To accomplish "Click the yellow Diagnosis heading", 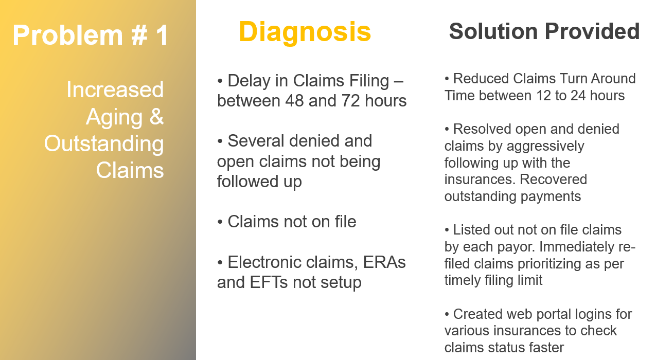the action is tap(305, 32).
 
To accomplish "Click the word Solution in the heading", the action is tap(493, 31).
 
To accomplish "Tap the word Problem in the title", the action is tap(67, 35).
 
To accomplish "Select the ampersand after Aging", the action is tap(157, 116).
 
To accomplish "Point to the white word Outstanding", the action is tap(104, 144).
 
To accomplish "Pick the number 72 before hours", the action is tap(350, 101).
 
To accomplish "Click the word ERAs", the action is tap(384, 262).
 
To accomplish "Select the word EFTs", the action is tap(269, 282).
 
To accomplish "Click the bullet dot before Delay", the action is tap(220, 81).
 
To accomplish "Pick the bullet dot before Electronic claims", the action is tap(220, 262).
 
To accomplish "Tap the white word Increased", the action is tap(115, 89).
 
